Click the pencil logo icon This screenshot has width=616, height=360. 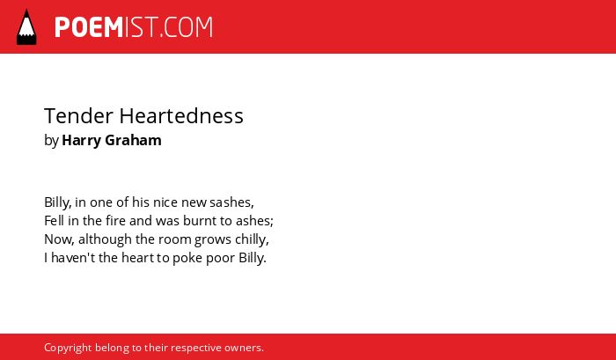[x=26, y=27]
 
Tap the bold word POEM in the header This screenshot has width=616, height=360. [x=89, y=27]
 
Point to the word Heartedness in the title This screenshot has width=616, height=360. [x=181, y=116]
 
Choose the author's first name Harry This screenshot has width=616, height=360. [x=81, y=141]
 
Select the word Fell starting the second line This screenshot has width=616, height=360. [x=54, y=221]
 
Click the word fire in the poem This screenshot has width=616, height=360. [x=116, y=221]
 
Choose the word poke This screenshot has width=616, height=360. [x=187, y=258]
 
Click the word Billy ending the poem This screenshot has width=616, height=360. [x=251, y=258]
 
